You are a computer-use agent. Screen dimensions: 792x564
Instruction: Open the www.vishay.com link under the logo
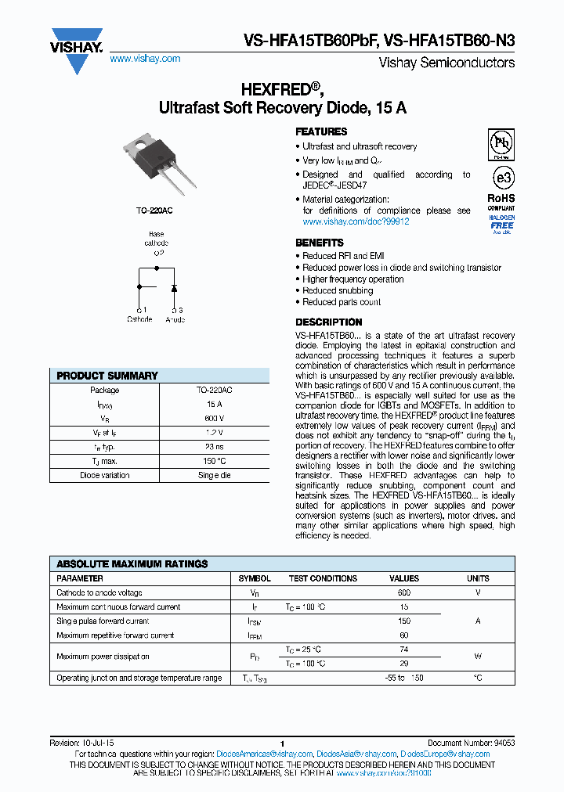pos(145,59)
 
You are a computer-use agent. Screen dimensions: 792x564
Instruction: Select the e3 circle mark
pos(502,175)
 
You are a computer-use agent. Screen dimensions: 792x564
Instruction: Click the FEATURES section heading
pos(321,132)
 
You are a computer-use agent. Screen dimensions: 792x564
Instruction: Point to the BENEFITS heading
pos(319,243)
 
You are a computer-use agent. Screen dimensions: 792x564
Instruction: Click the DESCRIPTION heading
pos(328,322)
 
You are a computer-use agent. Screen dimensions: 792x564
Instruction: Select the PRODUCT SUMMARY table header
pos(107,376)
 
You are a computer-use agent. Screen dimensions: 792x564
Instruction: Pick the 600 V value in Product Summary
pos(214,419)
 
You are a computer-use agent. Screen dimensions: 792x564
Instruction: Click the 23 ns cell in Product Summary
pos(214,447)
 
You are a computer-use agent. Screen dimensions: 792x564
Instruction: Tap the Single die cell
pos(214,475)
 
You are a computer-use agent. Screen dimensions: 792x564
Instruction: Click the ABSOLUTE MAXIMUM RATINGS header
pos(132,563)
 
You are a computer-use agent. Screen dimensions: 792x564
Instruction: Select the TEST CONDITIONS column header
pos(323,578)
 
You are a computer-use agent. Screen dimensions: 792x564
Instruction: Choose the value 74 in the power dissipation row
pos(404,650)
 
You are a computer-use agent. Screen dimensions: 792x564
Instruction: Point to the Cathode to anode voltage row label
pos(99,592)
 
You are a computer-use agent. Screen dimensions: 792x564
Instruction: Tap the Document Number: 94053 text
pos(471,743)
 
